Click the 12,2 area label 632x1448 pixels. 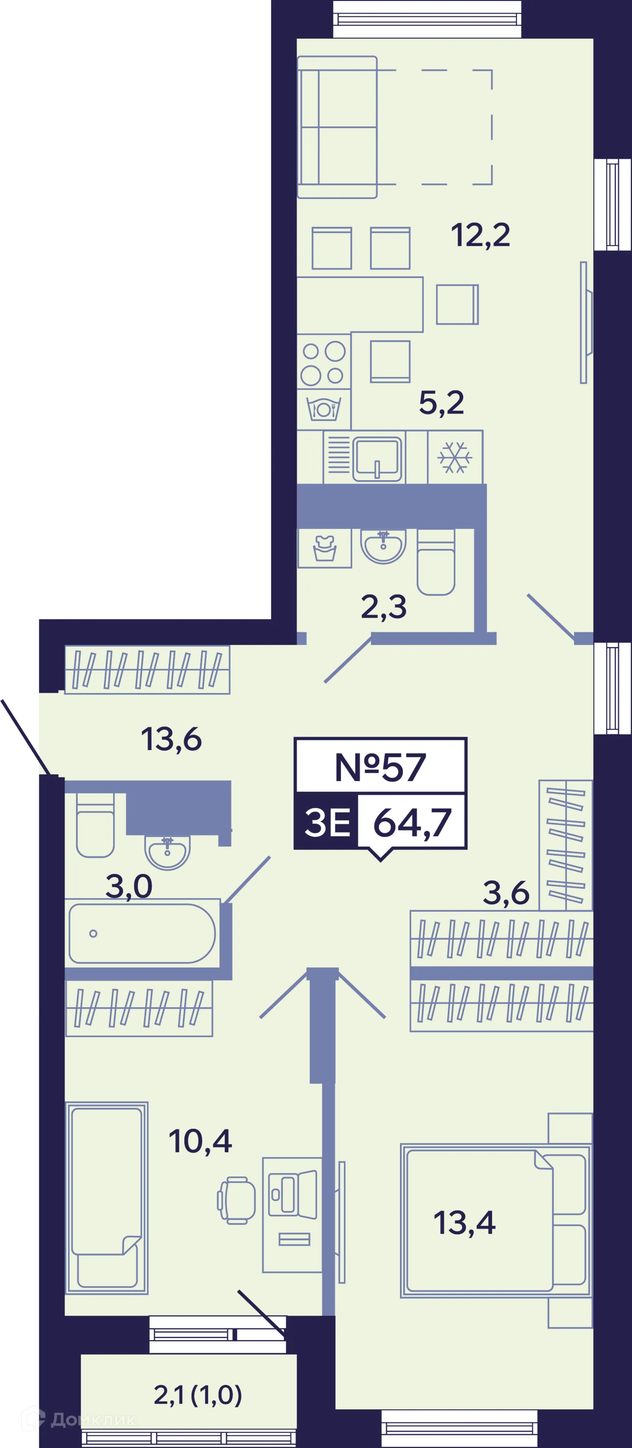(x=481, y=235)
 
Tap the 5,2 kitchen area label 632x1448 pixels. (x=441, y=403)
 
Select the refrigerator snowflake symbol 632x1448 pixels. (x=455, y=457)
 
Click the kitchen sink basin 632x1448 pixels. (x=377, y=458)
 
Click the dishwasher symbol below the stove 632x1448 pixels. (x=324, y=409)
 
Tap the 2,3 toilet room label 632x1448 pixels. (x=384, y=607)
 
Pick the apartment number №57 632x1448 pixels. (x=380, y=767)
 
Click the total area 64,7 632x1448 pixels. (x=412, y=823)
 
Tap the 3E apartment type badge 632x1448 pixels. (x=327, y=822)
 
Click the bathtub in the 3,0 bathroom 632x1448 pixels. (x=142, y=933)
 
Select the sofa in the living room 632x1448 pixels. (x=337, y=127)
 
